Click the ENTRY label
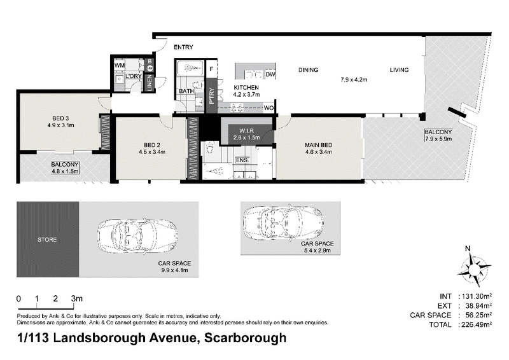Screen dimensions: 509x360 [183, 48]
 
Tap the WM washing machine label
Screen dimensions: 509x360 [120, 66]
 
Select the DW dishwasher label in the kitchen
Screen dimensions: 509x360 [270, 74]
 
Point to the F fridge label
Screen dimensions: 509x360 [211, 69]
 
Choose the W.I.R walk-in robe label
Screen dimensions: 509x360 [246, 131]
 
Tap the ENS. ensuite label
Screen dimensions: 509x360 [242, 160]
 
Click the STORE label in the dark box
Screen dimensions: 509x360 [47, 240]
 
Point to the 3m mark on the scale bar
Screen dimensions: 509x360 [77, 298]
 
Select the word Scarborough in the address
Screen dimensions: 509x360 [246, 338]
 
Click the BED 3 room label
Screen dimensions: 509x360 [60, 118]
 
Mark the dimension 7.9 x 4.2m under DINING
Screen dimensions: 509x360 [354, 80]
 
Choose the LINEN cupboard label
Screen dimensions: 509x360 [150, 83]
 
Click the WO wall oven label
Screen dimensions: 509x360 [268, 108]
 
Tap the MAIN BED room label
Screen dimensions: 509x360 [318, 145]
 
